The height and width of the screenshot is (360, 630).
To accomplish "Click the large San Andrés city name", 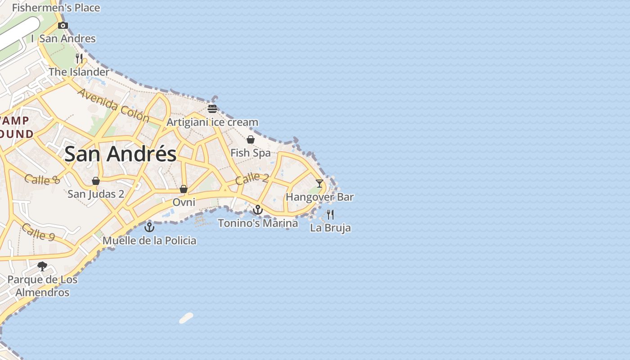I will click(x=120, y=154).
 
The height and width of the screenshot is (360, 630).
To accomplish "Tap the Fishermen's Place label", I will click(x=56, y=8).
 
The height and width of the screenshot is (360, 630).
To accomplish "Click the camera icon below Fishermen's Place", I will click(x=63, y=25).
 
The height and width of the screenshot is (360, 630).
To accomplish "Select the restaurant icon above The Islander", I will click(x=79, y=58).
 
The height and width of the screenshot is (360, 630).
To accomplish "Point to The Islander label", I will click(x=79, y=72).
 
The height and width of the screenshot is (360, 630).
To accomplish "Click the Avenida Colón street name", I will click(x=113, y=105).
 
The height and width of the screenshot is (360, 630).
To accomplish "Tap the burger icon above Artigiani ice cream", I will click(x=212, y=108).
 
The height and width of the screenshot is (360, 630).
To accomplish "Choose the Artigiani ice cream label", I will click(x=212, y=122).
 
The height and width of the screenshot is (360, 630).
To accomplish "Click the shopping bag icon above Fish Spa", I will click(x=251, y=139).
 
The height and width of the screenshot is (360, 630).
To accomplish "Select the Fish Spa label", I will click(x=251, y=153).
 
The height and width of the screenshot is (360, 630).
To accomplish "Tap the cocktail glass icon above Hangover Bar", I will click(x=319, y=184).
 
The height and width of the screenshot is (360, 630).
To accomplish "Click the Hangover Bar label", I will click(x=320, y=197).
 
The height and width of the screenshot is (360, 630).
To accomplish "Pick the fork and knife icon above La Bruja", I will click(x=330, y=214).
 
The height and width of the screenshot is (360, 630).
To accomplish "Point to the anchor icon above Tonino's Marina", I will click(x=257, y=210).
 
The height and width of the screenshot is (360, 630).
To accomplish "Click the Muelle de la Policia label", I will click(x=149, y=240).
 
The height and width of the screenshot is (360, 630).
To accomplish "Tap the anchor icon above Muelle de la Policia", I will click(x=149, y=227).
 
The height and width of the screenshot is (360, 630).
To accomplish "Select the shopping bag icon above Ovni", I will click(x=184, y=189).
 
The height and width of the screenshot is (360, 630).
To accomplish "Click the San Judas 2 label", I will click(x=96, y=194).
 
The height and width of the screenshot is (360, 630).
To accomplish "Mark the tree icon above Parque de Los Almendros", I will click(x=42, y=266).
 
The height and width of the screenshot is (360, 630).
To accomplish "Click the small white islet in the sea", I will click(x=186, y=318).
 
